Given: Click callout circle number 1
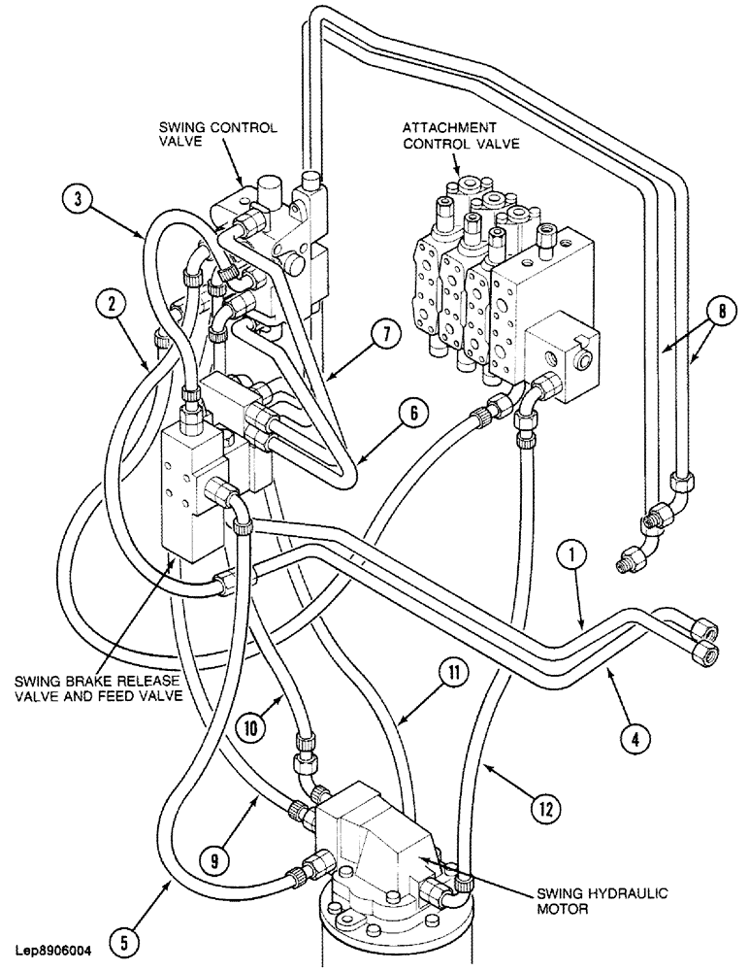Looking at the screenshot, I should click(x=572, y=555).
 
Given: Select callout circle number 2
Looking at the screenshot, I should click(x=114, y=304).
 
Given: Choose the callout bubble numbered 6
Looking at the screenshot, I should click(x=412, y=413).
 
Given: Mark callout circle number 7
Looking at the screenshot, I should click(x=385, y=335).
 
